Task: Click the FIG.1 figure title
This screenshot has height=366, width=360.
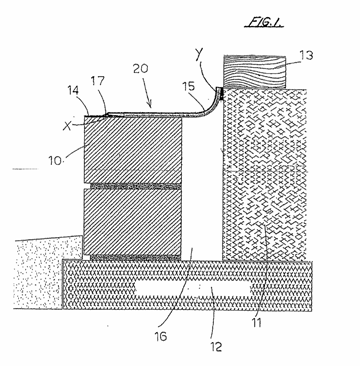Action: [x=263, y=22]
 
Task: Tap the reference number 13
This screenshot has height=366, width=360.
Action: [x=306, y=56]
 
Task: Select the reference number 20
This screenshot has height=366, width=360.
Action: [x=142, y=69]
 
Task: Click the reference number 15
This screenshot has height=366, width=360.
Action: [x=189, y=88]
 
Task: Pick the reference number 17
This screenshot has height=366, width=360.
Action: [x=98, y=81]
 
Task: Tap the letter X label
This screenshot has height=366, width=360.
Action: [x=68, y=126]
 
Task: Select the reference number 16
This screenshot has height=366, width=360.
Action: [x=160, y=336]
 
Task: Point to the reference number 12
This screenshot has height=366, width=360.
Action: [x=216, y=347]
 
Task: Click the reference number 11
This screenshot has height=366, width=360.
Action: [x=257, y=322]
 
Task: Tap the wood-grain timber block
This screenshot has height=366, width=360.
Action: [x=255, y=72]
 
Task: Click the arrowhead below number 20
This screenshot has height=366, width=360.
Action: [x=151, y=105]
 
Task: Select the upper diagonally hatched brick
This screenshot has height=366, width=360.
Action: [x=133, y=149]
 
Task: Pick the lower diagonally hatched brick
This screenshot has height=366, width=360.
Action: [x=132, y=222]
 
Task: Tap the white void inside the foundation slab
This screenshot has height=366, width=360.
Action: [x=193, y=289]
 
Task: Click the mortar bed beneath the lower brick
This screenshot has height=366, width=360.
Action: [x=136, y=258]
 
